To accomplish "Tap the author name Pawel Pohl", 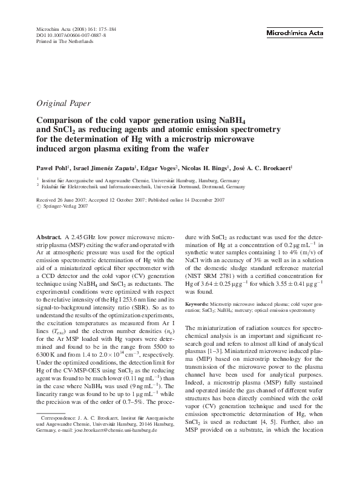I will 53,167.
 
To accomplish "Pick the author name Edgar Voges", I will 158,167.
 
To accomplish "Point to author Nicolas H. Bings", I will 206,167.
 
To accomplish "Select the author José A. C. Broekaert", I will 266,167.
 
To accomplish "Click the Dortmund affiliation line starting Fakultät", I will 140,187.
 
